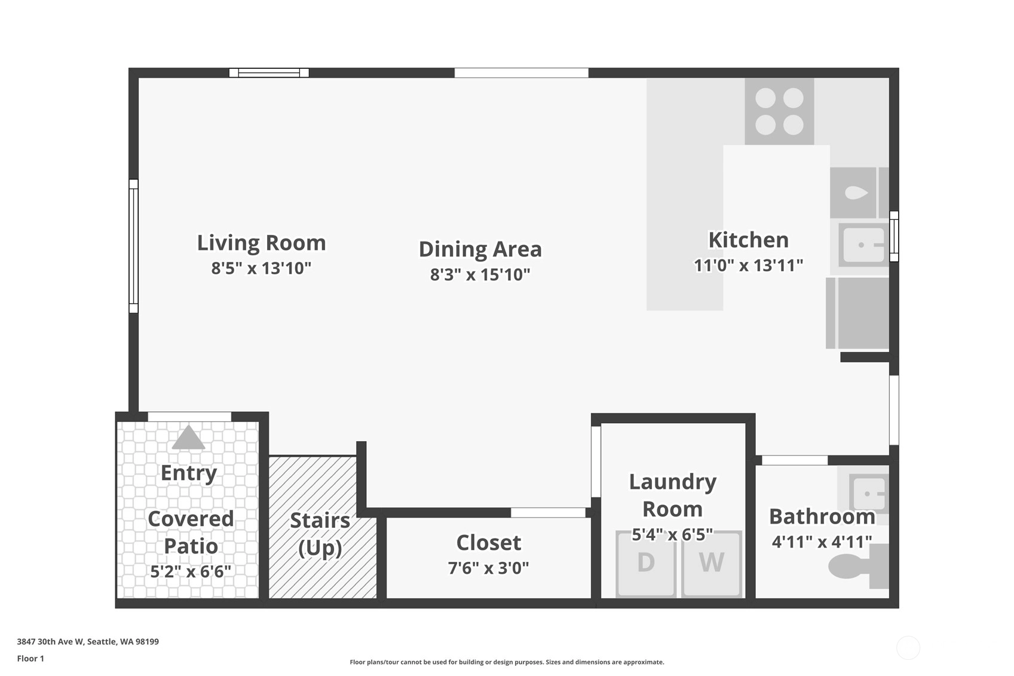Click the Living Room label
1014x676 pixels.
(x=261, y=243)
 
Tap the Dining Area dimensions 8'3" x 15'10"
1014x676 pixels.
(x=480, y=274)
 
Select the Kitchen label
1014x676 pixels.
(x=748, y=240)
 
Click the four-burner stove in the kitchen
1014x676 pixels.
(x=779, y=111)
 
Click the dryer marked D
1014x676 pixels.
(x=646, y=564)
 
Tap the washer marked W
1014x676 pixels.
(x=712, y=564)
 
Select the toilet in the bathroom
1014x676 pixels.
(x=858, y=567)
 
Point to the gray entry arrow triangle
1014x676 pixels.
(x=188, y=438)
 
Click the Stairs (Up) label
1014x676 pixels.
(x=320, y=534)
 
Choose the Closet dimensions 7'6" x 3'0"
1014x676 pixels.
(x=488, y=568)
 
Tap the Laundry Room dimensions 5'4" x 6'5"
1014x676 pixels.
(x=672, y=535)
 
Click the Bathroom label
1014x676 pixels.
(x=822, y=516)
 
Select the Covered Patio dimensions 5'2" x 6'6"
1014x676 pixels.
(x=191, y=571)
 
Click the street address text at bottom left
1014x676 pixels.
(x=88, y=641)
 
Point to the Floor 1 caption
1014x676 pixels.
(x=30, y=659)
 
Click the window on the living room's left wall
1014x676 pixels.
(x=133, y=246)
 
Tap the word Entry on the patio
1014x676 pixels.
(x=189, y=473)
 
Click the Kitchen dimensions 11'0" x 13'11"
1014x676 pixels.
(x=748, y=265)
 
